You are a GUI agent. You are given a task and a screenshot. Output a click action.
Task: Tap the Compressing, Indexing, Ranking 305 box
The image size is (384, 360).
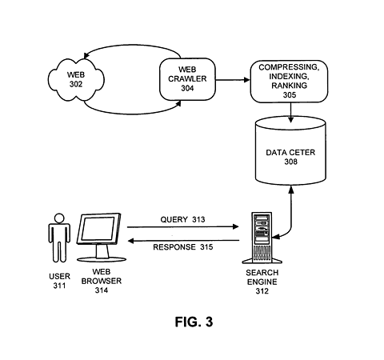[x=290, y=81]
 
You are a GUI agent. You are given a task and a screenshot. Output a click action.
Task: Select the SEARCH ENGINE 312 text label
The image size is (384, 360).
[x=262, y=283]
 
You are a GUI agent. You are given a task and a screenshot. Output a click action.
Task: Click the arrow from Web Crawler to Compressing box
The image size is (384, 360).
[x=232, y=80]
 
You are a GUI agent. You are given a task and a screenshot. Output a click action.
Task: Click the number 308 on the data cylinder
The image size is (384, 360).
[x=290, y=161]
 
